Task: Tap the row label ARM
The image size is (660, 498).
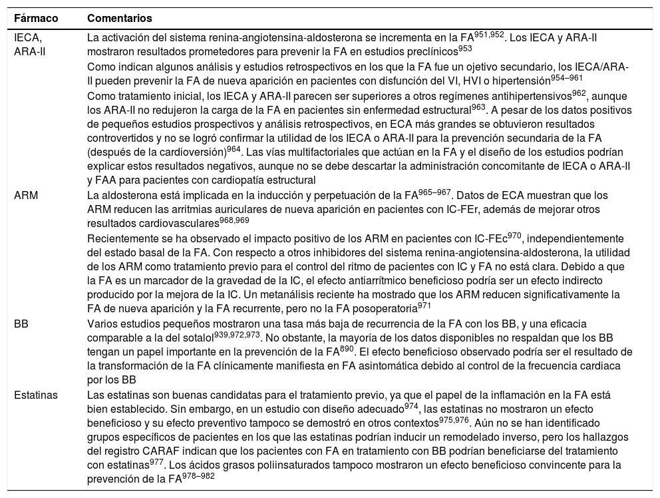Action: pos(27,195)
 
